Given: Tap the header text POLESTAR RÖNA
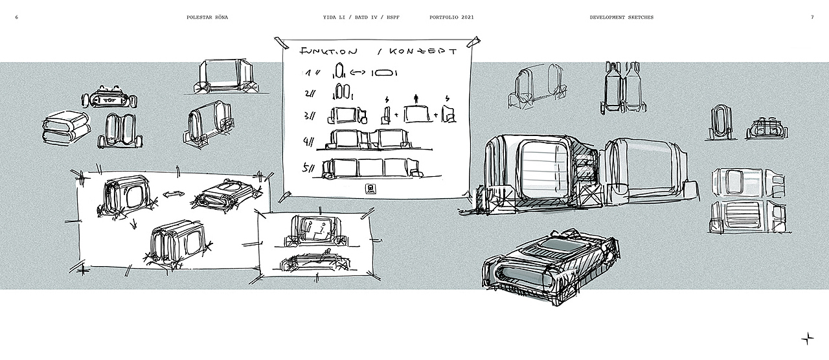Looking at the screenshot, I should [x=207, y=17].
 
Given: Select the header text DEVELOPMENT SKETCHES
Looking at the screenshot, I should [x=621, y=17].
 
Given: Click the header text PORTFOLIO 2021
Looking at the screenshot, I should [x=451, y=17].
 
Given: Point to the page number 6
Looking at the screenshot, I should [x=16, y=17].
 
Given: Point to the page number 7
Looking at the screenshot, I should [x=812, y=17].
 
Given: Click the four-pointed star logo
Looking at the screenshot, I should [x=808, y=337].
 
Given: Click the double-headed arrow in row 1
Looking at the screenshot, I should [x=361, y=72].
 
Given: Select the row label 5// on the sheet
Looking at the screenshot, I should [x=310, y=168].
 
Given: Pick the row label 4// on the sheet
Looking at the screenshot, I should [x=310, y=141].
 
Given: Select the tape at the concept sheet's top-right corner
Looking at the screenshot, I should [x=477, y=43].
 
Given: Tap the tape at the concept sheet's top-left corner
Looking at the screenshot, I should [x=282, y=42].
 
